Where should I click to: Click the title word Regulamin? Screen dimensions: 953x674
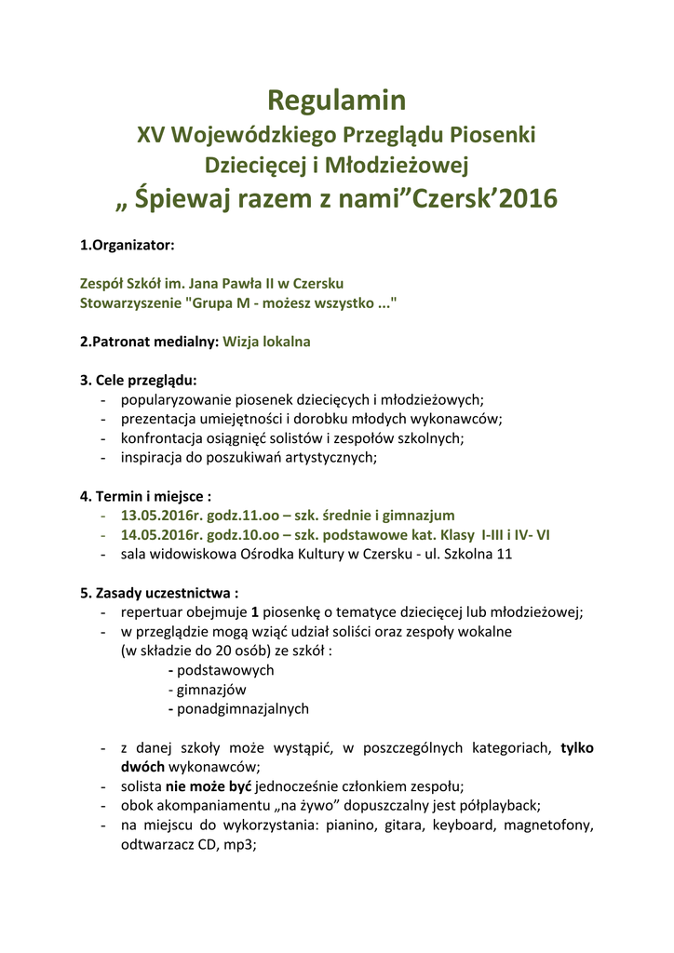337,100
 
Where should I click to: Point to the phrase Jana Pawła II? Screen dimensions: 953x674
229,283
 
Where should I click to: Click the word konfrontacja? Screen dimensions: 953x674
162,438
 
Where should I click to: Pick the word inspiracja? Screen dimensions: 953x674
153,457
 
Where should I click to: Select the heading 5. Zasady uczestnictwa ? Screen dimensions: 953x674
159,593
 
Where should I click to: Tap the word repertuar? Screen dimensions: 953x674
151,611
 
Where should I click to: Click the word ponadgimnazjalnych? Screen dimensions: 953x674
242,708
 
